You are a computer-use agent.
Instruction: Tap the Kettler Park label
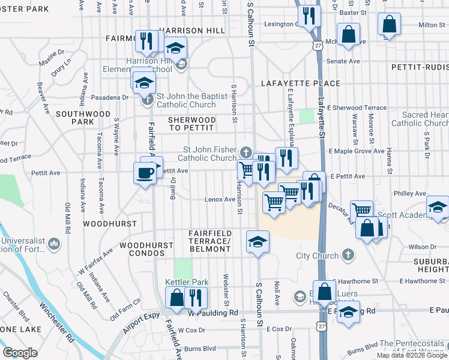pyautogui.click(x=186, y=282)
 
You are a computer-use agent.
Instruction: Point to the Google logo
pyautogui.click(x=20, y=353)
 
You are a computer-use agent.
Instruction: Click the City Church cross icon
pyautogui.click(x=346, y=255)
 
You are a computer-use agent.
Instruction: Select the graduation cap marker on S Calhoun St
pyautogui.click(x=258, y=242)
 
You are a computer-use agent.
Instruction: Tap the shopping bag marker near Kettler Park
pyautogui.click(x=176, y=298)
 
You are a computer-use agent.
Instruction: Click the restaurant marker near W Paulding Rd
pyautogui.click(x=196, y=298)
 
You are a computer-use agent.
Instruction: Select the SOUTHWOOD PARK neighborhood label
pyautogui.click(x=83, y=118)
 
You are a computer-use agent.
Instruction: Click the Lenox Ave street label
pyautogui.click(x=220, y=199)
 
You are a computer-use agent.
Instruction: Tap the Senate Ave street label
pyautogui.click(x=343, y=61)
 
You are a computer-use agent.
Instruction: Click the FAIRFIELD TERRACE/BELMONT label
pyautogui.click(x=209, y=238)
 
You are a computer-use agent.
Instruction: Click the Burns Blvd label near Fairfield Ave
pyautogui.click(x=200, y=349)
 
